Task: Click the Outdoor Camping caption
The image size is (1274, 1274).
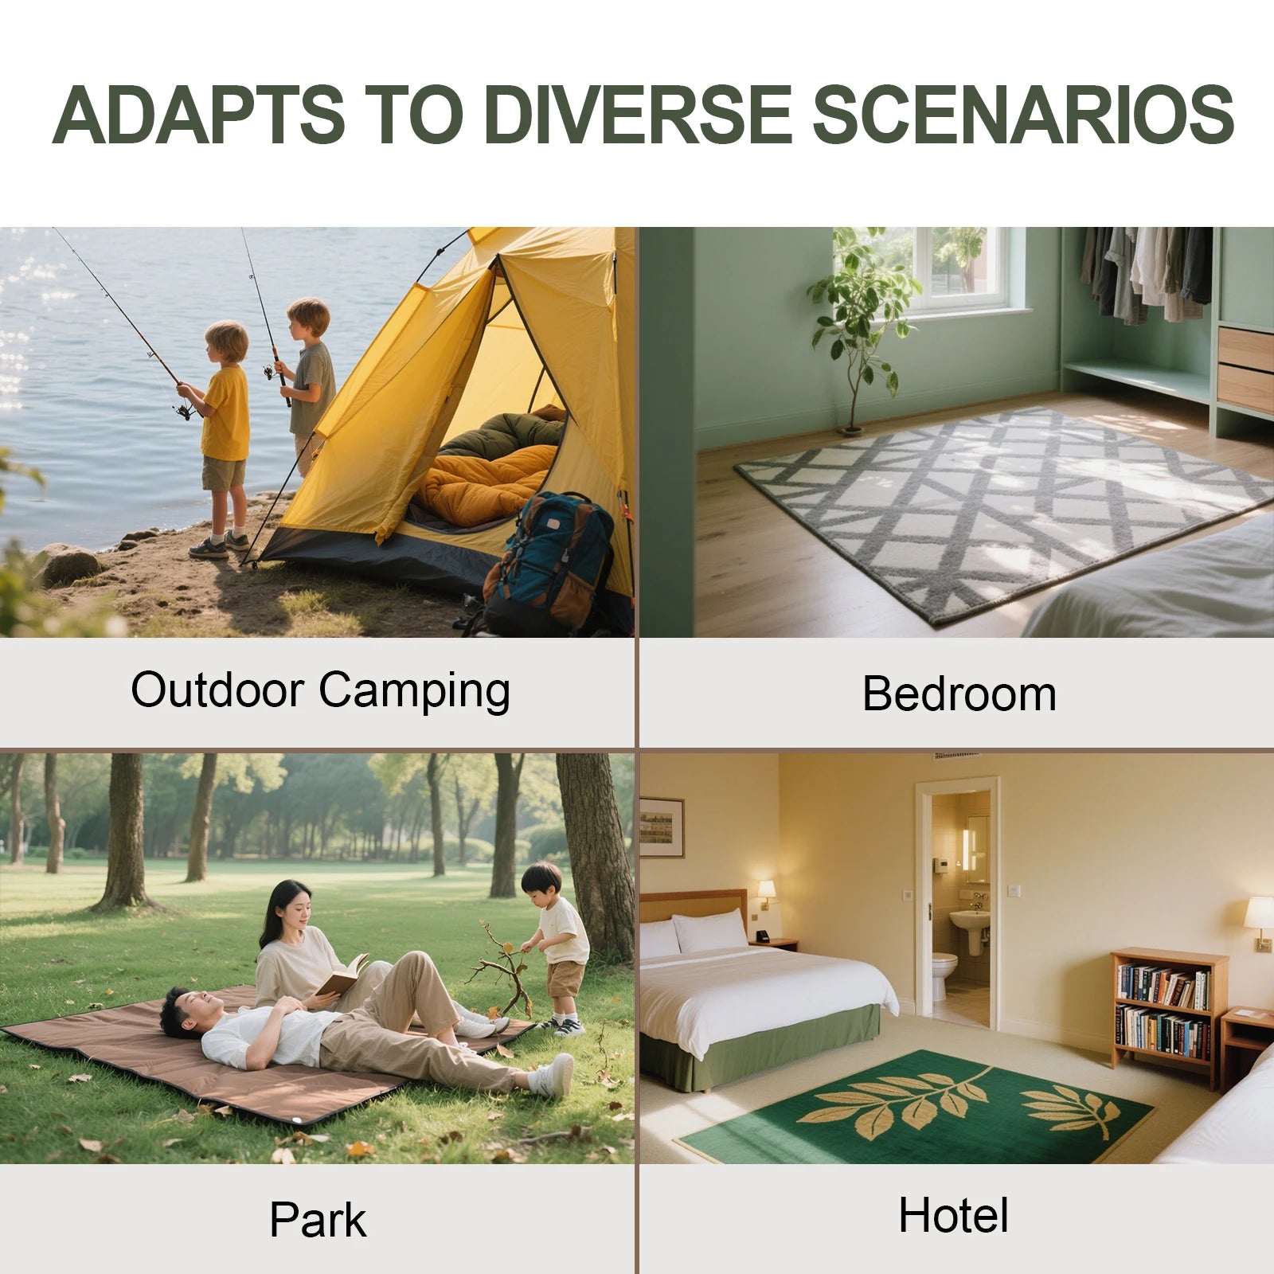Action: (320, 690)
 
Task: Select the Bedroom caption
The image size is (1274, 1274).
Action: (959, 693)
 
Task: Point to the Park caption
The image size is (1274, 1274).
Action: (318, 1219)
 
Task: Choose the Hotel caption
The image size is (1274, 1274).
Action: (953, 1215)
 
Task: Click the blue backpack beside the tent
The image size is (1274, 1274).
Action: (549, 562)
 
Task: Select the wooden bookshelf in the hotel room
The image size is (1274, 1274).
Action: (1168, 1016)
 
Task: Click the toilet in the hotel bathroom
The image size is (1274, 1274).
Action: (944, 975)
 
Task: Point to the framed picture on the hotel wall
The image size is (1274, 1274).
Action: (661, 827)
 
